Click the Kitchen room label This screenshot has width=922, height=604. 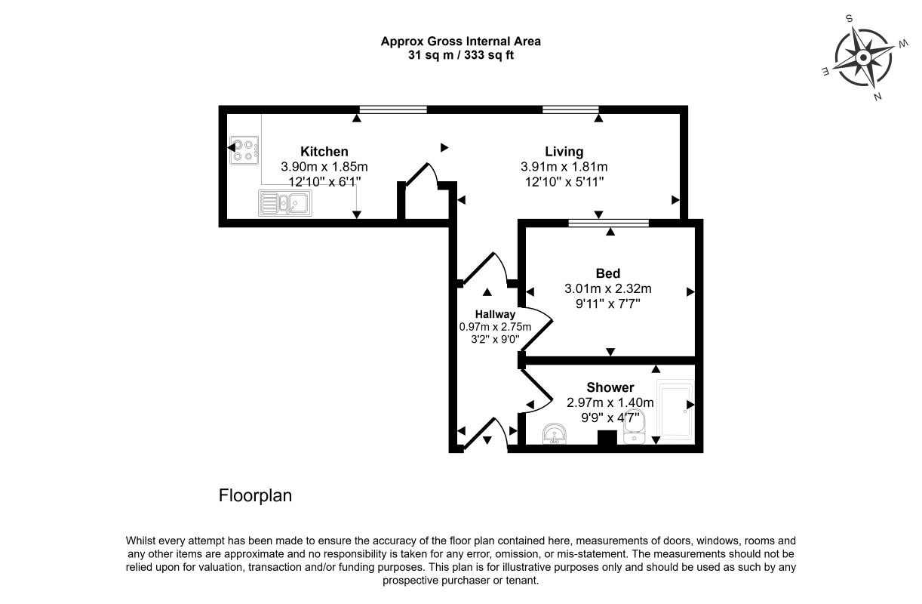[x=324, y=152]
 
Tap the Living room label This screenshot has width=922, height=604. [x=564, y=152]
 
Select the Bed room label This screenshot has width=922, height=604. [x=608, y=273]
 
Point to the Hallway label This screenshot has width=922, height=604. [x=495, y=314]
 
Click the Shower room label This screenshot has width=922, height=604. [x=610, y=387]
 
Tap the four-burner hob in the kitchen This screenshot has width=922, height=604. [x=244, y=150]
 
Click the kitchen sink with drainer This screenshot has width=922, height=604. [x=285, y=202]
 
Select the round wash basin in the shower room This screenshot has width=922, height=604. [x=555, y=434]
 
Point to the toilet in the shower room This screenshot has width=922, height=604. [x=635, y=427]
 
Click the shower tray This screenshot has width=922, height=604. [x=675, y=410]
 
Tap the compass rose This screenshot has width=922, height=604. [x=863, y=57]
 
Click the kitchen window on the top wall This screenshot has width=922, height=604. [x=393, y=109]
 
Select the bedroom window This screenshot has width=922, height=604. [x=609, y=223]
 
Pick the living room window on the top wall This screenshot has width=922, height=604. [x=570, y=109]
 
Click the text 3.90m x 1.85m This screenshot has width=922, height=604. [x=324, y=167]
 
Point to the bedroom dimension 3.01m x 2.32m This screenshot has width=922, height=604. [x=608, y=288]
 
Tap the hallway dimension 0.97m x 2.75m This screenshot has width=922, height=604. [x=495, y=327]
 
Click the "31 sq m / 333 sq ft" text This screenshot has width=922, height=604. [x=460, y=55]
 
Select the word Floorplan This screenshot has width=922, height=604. [x=255, y=495]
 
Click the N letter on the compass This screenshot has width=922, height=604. [x=877, y=97]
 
